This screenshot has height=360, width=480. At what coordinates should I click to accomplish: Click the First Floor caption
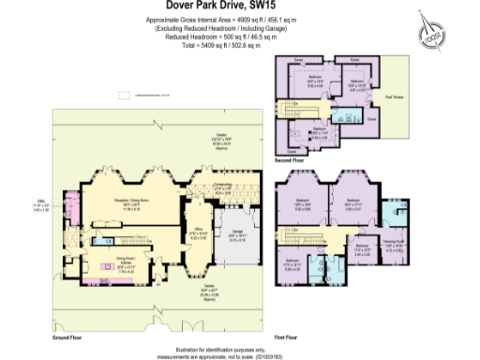(287, 334)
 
